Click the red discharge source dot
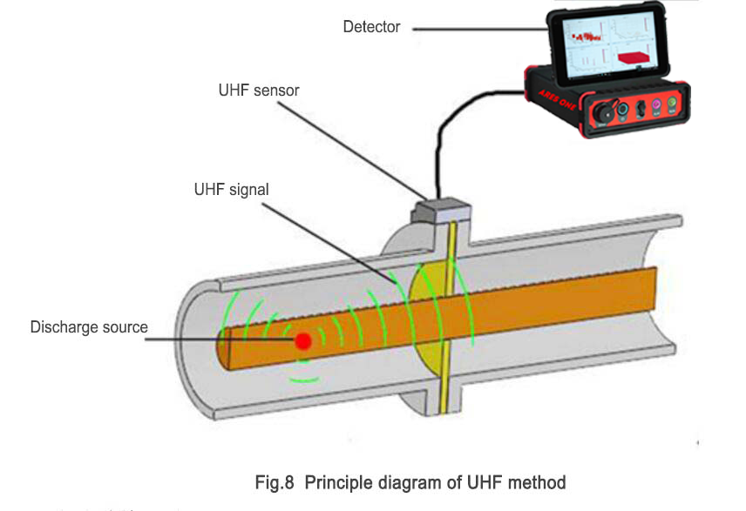(302, 341)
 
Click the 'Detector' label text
(371, 27)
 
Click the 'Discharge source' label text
(89, 327)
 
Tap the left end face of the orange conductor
(224, 349)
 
